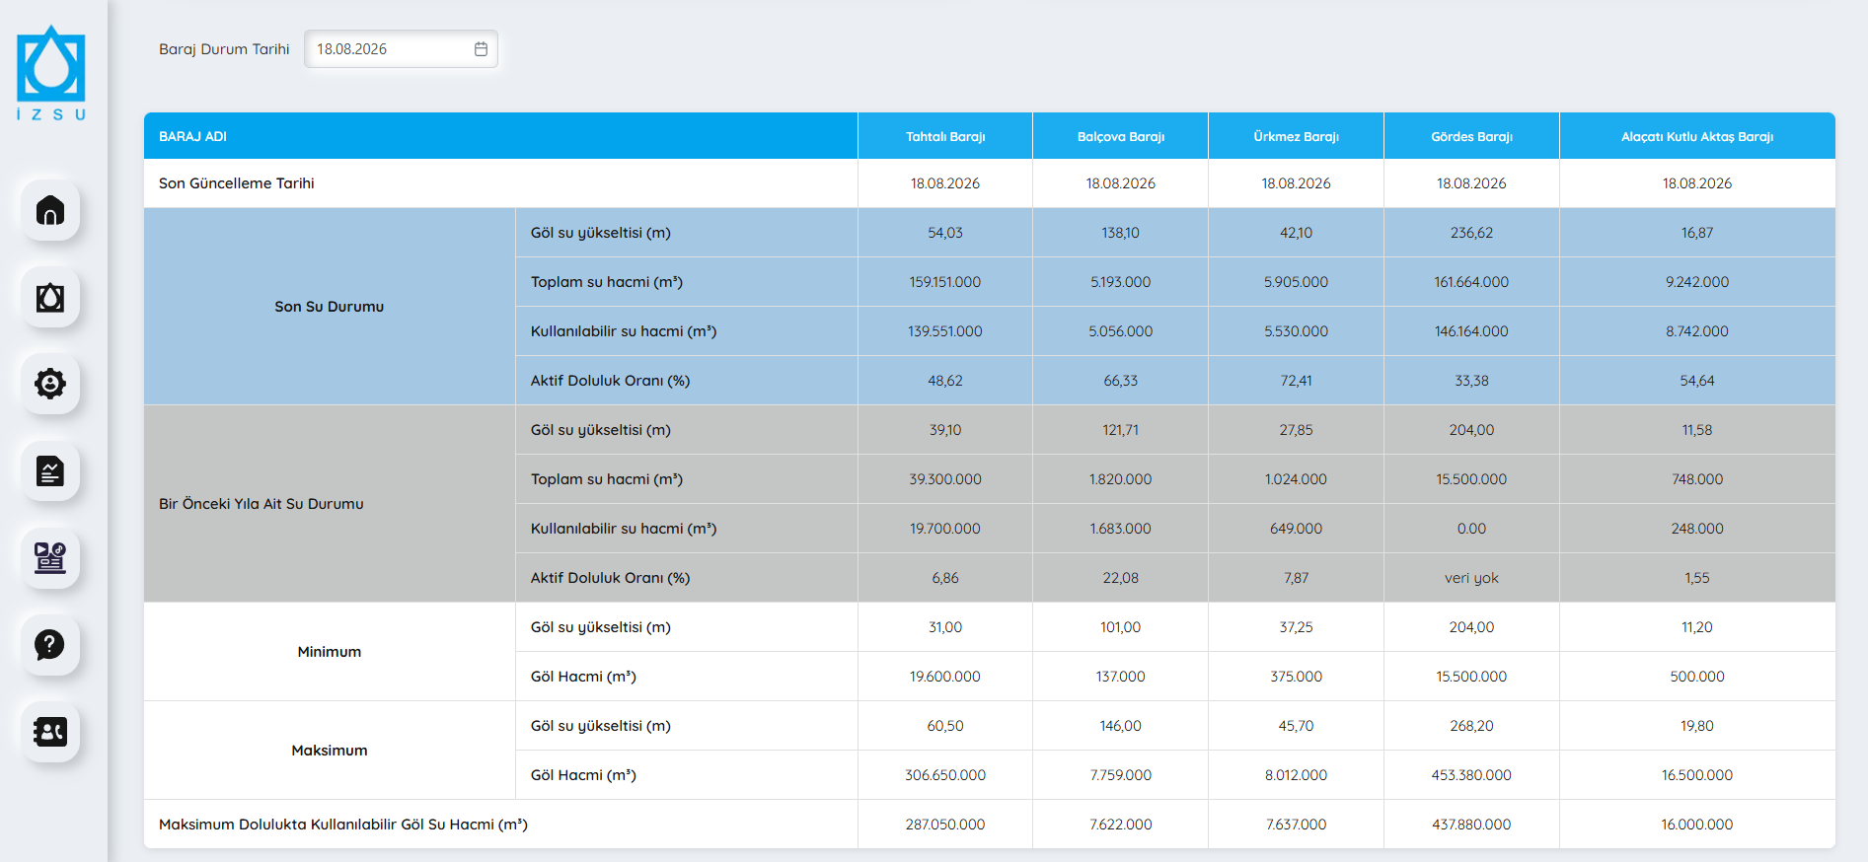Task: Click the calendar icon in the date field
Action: pos(481,49)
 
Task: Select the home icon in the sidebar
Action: pos(50,210)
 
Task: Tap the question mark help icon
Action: pos(50,644)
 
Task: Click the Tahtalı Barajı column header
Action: pos(945,136)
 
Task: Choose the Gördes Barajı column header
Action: pos(1471,136)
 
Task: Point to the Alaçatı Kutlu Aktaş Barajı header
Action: pos(1697,136)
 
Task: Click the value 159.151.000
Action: pos(945,282)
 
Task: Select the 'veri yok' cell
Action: pos(1471,578)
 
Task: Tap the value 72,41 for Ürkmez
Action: pos(1296,381)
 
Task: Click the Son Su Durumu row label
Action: pos(330,307)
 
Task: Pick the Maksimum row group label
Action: pos(330,751)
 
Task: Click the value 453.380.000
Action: pos(1471,775)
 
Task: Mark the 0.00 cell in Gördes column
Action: pos(1471,529)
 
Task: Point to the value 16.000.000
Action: pos(1697,825)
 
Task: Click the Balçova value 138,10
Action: pos(1121,233)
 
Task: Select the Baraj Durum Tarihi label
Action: pos(224,49)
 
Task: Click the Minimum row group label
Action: pos(330,652)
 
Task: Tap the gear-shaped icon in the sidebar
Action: pos(50,384)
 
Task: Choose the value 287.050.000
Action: pos(945,825)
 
